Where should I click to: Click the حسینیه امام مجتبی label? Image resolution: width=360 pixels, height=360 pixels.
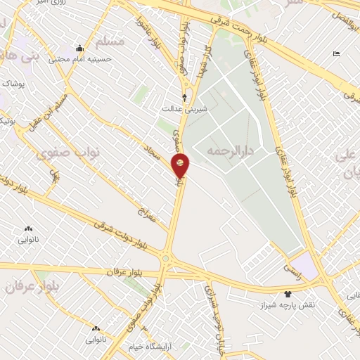tap(80, 59)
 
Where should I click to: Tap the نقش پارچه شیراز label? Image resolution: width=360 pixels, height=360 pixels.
tap(287, 306)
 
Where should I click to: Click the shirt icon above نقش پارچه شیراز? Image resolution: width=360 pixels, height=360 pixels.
tap(287, 294)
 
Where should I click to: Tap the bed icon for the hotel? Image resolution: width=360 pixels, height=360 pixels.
tap(336, 54)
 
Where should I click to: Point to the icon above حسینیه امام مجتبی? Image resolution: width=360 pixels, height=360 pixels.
tap(80, 49)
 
